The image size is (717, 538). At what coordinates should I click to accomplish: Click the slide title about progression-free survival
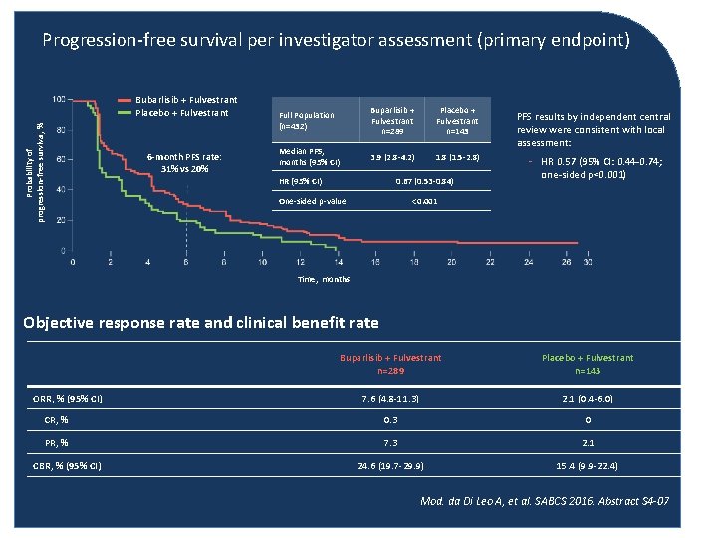336,41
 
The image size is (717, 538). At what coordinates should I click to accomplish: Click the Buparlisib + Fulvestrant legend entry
185,100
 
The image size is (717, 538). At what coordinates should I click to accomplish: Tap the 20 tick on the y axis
61,219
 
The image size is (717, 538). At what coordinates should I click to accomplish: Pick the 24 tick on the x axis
528,262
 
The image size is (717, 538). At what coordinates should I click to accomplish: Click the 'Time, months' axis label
324,279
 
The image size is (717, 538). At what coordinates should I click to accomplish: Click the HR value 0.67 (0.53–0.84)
425,182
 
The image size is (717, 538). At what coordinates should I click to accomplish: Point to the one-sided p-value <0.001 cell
425,201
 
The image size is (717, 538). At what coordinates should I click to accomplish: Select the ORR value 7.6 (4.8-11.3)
390,400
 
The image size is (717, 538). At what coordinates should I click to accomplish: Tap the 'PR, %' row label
72,443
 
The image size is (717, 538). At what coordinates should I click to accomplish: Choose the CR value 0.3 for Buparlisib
390,421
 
